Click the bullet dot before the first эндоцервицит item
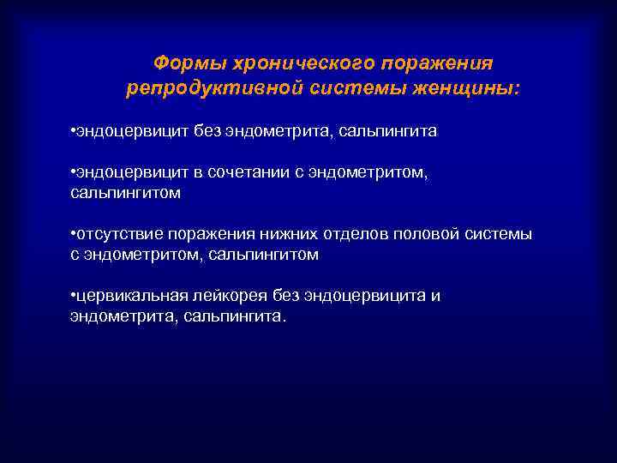click(x=73, y=131)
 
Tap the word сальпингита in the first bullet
click(x=387, y=131)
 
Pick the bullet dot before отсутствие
click(x=73, y=235)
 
